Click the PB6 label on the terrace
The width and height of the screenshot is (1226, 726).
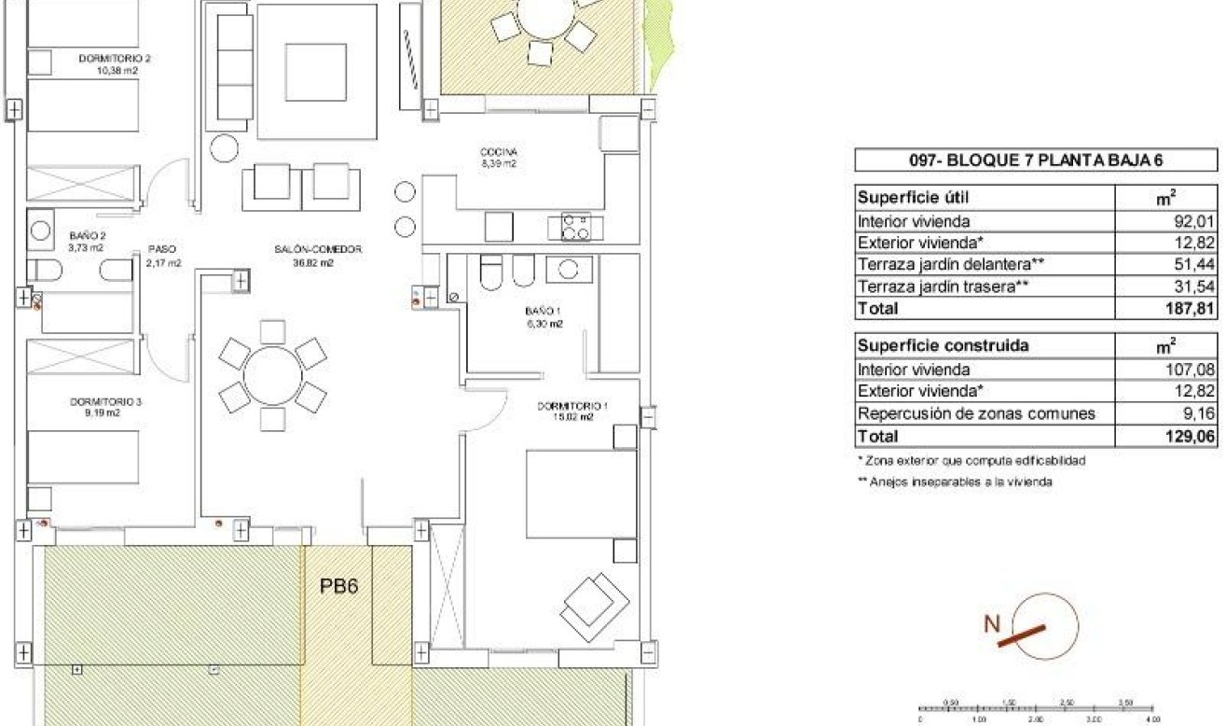click(x=339, y=587)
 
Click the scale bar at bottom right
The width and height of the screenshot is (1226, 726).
click(x=1035, y=710)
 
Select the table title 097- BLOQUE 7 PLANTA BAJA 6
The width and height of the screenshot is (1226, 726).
click(x=1035, y=161)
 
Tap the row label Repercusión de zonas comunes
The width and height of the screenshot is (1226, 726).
click(x=976, y=413)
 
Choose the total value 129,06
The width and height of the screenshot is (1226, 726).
click(x=1194, y=436)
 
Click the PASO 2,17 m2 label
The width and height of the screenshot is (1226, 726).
click(x=162, y=256)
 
